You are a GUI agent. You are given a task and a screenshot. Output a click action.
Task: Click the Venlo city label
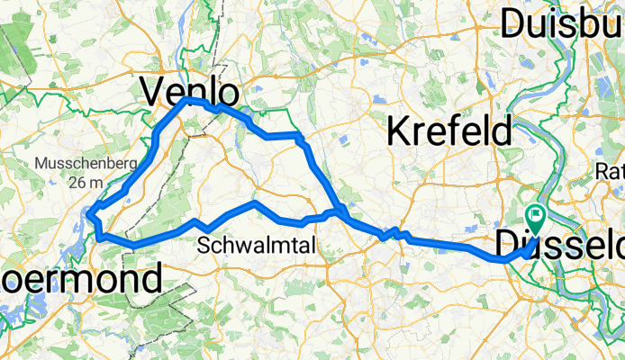coord(192,93)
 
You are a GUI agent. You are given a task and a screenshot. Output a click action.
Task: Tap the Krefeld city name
coord(449,131)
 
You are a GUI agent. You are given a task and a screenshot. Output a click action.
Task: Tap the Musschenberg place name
coord(85,165)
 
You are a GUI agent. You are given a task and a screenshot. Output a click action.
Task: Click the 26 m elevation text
coord(85,182)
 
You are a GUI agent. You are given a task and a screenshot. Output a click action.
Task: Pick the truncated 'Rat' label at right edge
coord(610,171)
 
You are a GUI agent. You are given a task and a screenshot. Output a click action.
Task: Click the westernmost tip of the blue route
coord(90,213)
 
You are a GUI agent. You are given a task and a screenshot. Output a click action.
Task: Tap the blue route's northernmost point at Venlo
coord(188,102)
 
